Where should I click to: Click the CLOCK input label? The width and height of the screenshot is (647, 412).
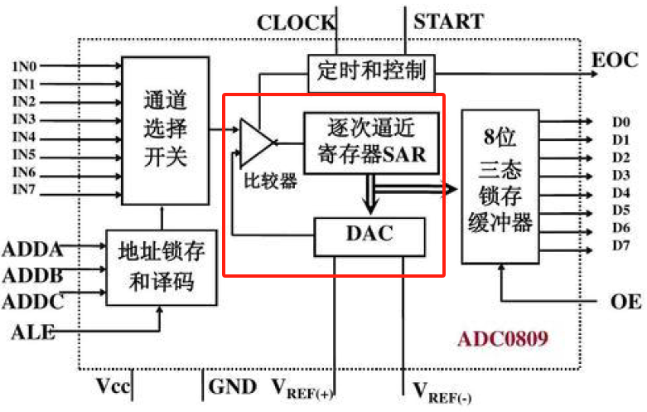(x=295, y=22)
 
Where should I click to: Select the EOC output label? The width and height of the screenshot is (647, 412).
(x=615, y=61)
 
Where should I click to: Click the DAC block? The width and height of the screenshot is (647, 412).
(x=369, y=236)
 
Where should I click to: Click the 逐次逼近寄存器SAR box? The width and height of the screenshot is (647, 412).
(x=370, y=142)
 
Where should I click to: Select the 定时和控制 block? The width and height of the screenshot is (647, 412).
(x=370, y=71)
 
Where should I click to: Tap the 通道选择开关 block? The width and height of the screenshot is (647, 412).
(x=164, y=129)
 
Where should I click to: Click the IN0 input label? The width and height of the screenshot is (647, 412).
(x=23, y=65)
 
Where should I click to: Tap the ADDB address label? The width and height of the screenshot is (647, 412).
(x=31, y=274)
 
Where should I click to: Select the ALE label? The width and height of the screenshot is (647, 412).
(x=33, y=333)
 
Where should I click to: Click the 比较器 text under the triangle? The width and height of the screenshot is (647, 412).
(x=270, y=181)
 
